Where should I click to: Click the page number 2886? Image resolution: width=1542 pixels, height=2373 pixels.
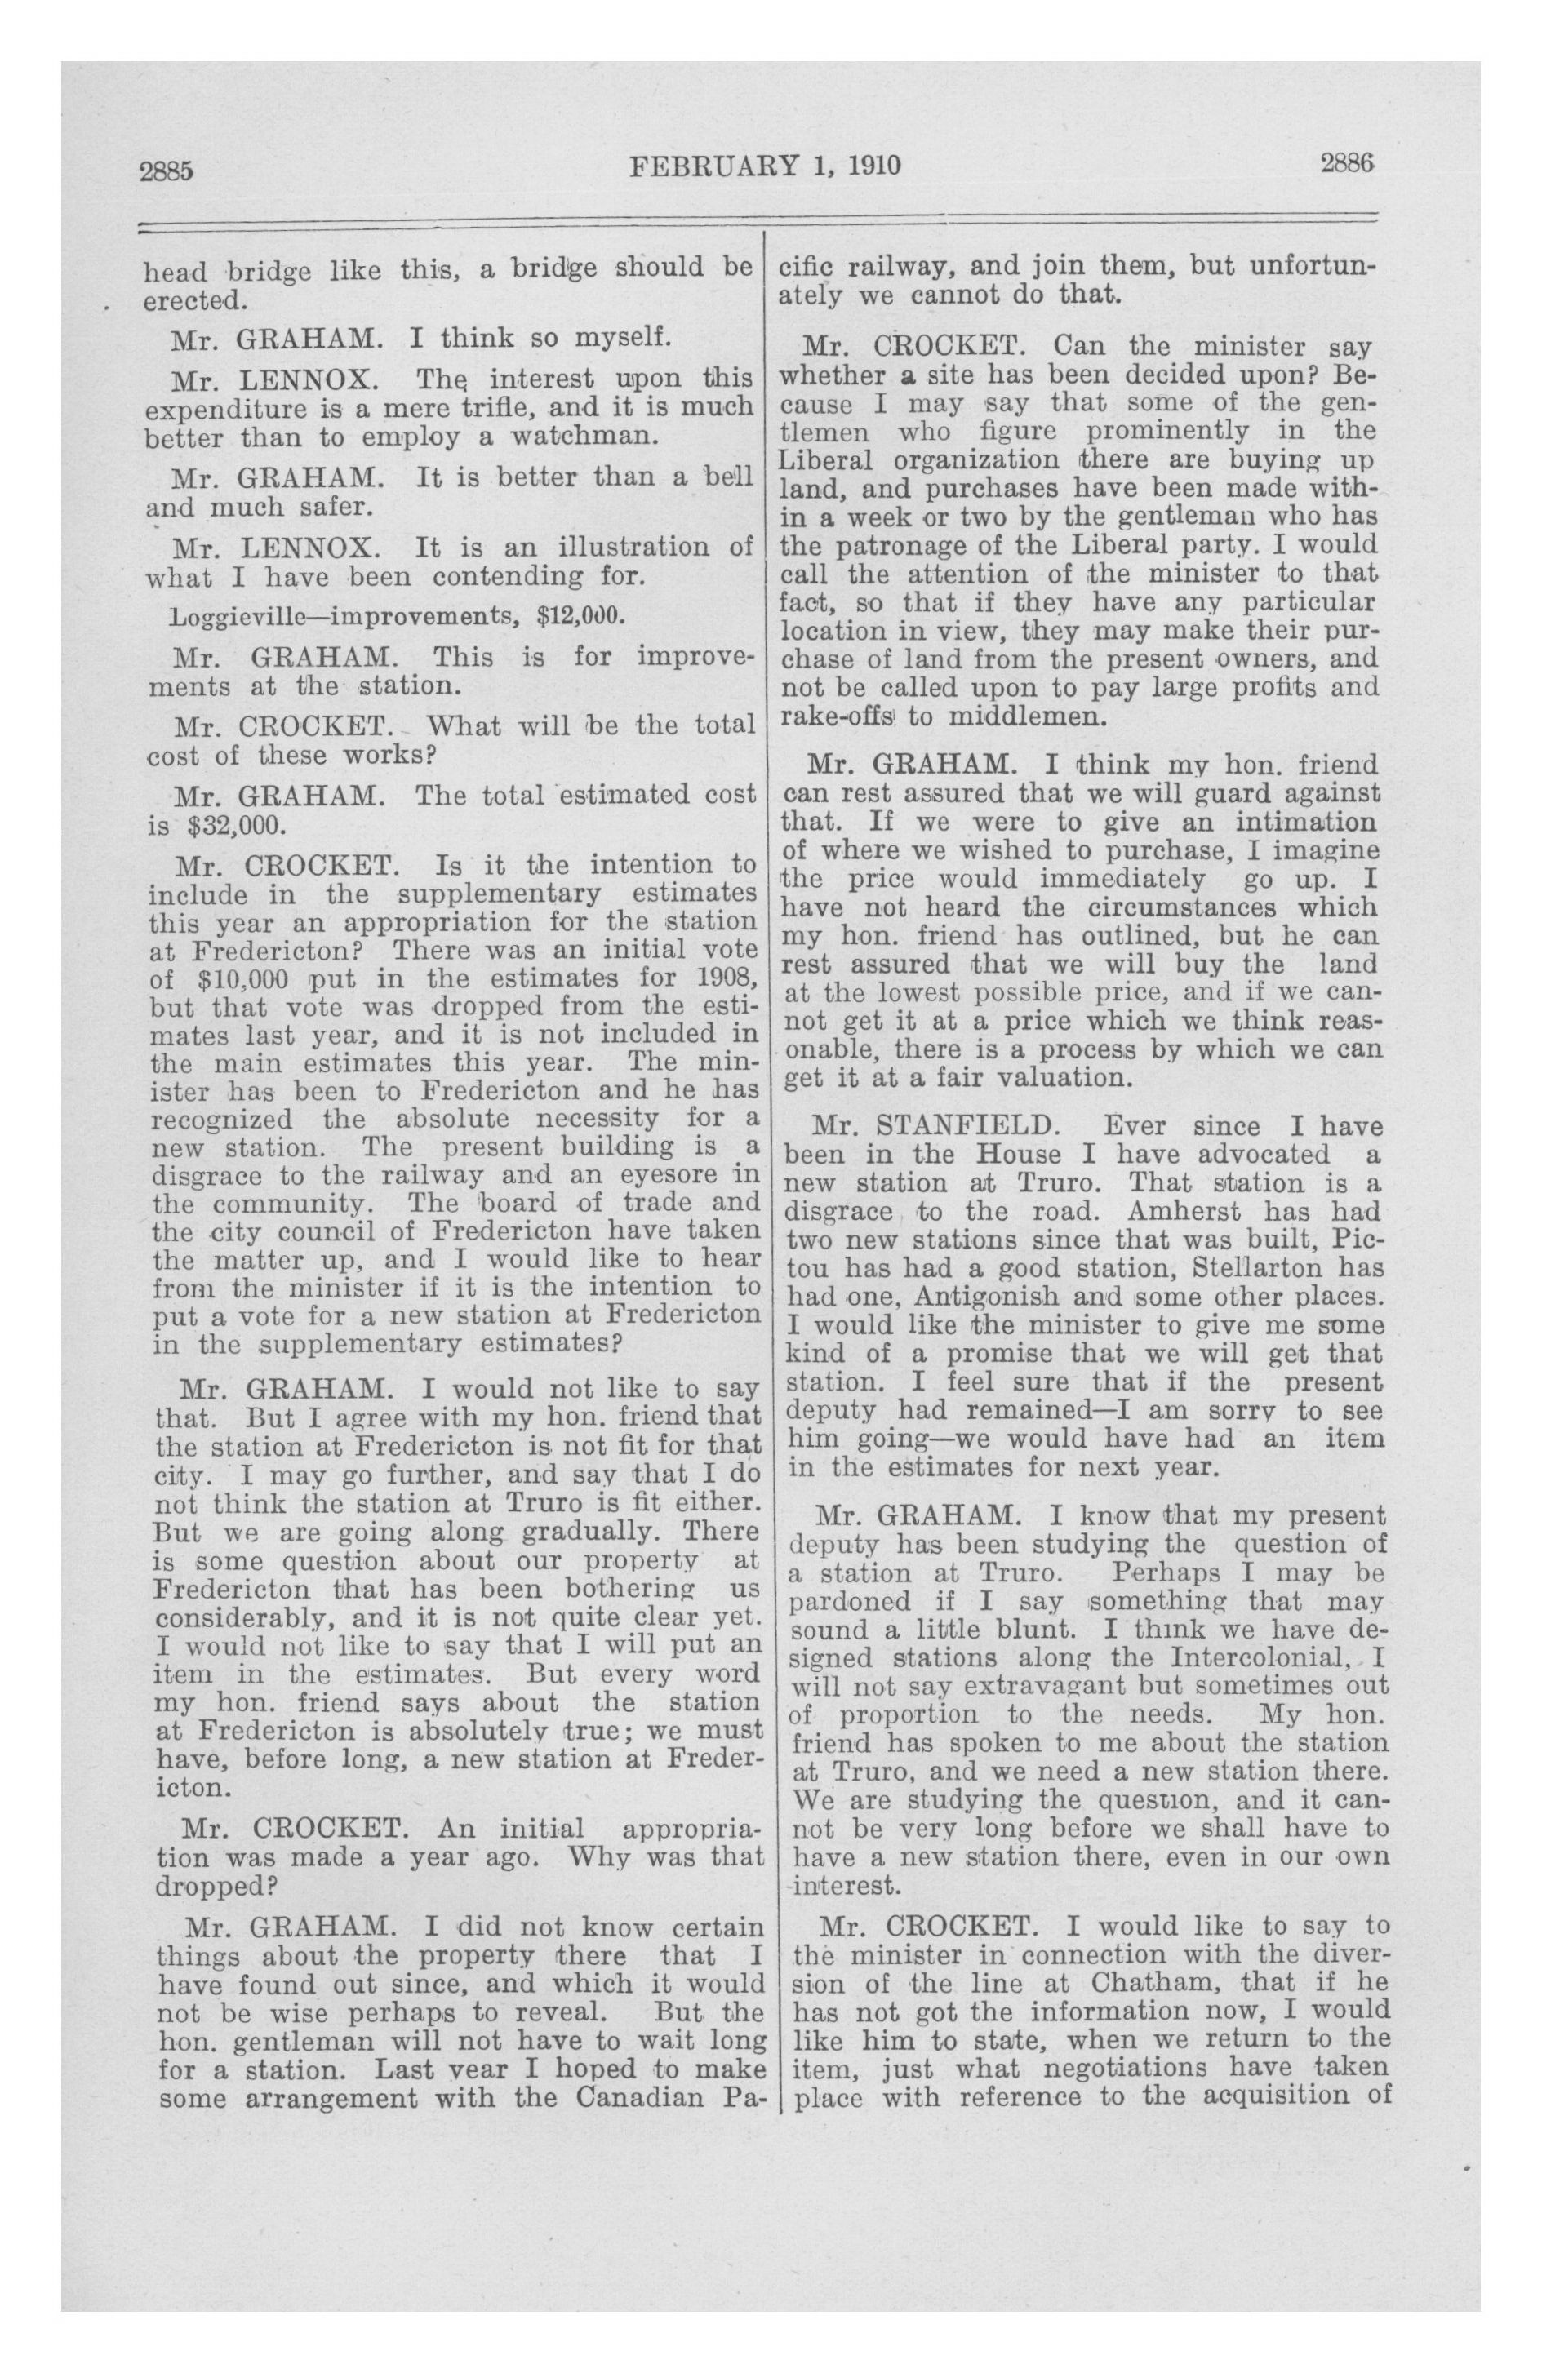1348,162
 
